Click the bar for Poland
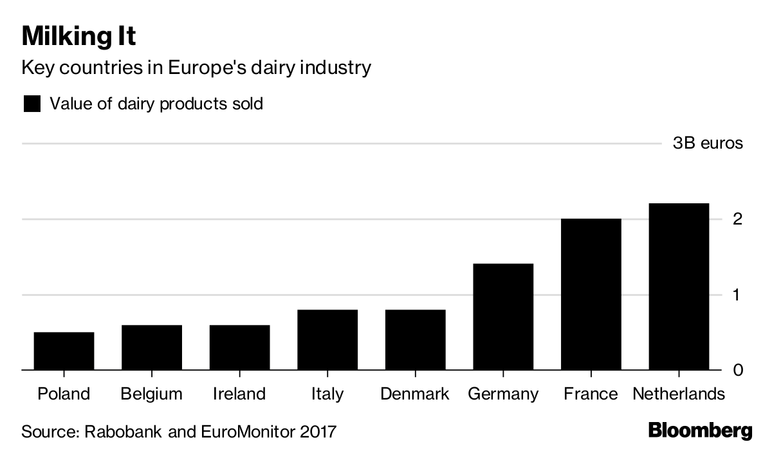64,351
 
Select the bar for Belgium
152,347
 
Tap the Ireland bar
239,347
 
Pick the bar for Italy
327,340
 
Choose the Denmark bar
415,340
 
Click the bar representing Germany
503,317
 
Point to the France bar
591,294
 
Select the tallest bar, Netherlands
679,286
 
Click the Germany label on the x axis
503,394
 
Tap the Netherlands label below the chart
679,394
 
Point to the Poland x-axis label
64,394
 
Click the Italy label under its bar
327,394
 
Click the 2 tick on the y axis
737,219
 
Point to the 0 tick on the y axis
737,370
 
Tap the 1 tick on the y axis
737,295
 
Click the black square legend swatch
32,104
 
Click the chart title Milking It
78,37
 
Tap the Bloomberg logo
700,430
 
